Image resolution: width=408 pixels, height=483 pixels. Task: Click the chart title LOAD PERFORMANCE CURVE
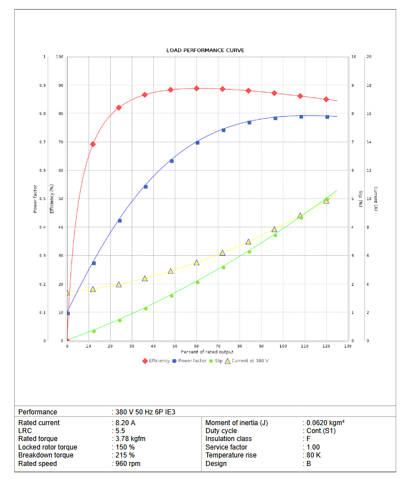click(205, 50)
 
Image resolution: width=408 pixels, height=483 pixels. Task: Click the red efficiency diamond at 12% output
click(93, 144)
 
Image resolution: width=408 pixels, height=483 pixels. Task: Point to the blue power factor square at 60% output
click(197, 143)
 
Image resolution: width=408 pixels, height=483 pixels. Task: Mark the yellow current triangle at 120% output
click(326, 200)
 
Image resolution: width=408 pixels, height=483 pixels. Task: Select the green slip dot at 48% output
click(171, 296)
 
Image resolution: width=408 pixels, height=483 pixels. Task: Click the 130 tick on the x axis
click(347, 346)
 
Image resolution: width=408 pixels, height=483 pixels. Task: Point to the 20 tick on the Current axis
click(369, 57)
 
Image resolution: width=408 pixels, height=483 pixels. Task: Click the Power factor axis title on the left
click(35, 199)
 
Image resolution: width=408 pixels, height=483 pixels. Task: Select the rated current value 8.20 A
click(125, 423)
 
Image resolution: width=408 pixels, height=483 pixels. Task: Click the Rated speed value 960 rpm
click(127, 464)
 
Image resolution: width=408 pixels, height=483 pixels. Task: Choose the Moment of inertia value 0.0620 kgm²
click(325, 423)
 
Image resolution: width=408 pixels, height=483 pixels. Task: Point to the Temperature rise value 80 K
click(313, 456)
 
